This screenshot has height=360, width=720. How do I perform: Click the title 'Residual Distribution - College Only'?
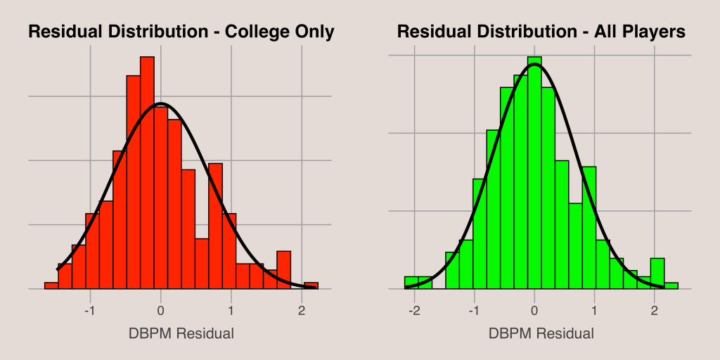pyautogui.click(x=180, y=32)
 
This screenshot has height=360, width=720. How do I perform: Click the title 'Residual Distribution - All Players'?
pyautogui.click(x=541, y=32)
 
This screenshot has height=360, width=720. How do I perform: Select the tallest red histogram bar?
pyautogui.click(x=147, y=172)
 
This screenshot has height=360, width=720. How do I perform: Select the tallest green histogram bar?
pyautogui.click(x=534, y=172)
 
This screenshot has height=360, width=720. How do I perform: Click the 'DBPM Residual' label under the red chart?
pyautogui.click(x=181, y=333)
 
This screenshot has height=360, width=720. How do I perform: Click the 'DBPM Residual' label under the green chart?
pyautogui.click(x=541, y=333)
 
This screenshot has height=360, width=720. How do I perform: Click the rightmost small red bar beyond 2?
pyautogui.click(x=311, y=285)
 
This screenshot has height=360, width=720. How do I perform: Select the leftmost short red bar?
pyautogui.click(x=51, y=285)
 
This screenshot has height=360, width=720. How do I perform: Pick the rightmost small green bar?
pyautogui.click(x=671, y=285)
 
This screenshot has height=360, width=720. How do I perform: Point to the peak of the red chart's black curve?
pyautogui.click(x=161, y=103)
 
